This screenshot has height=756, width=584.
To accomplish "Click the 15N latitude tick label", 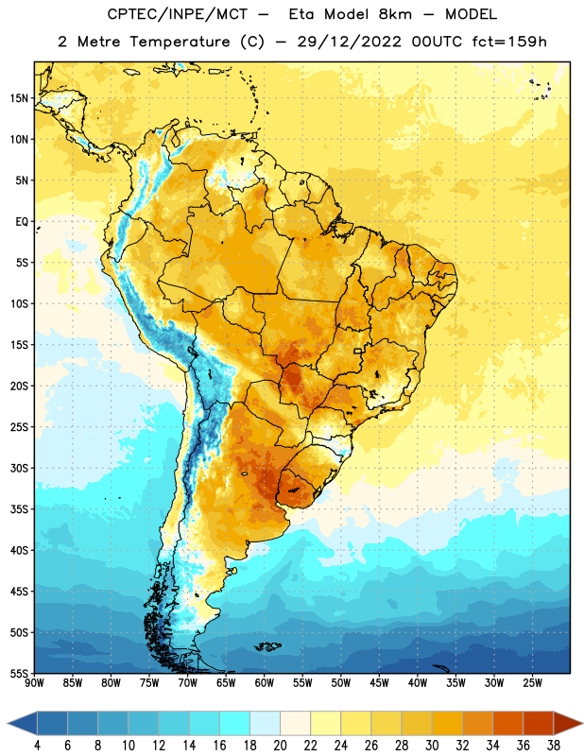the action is [x=19, y=98].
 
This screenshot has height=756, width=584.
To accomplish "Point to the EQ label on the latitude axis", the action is [x=22, y=222].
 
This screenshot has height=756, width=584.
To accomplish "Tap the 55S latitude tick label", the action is [x=19, y=673].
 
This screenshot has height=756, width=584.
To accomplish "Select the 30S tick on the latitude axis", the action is [x=19, y=468].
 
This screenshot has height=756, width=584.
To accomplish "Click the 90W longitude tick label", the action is [x=34, y=683].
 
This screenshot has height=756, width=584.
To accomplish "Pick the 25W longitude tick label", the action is [x=532, y=683].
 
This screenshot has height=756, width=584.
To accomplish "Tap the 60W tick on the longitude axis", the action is [x=265, y=683].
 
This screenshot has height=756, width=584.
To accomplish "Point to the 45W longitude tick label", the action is [x=379, y=683].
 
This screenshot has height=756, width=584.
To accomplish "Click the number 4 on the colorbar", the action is [x=37, y=746].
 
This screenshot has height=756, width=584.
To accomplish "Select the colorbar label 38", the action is [x=554, y=746].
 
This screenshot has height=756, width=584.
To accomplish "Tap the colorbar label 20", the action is [x=280, y=746].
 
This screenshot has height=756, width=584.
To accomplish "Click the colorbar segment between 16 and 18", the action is [x=234, y=724].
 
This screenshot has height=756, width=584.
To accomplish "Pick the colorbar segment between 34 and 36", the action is [x=507, y=724].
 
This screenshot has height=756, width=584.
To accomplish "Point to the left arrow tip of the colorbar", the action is [x=8, y=724].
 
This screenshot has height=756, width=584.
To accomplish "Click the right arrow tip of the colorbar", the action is [x=582, y=724].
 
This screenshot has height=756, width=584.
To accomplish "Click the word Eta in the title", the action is [x=301, y=14].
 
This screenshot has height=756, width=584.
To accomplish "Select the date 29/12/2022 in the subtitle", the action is [x=349, y=42].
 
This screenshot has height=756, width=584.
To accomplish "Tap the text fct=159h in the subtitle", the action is [x=509, y=42].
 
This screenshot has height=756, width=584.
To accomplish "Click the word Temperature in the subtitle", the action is [x=180, y=43].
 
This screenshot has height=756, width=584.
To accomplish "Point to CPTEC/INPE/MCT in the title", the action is [x=177, y=14].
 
